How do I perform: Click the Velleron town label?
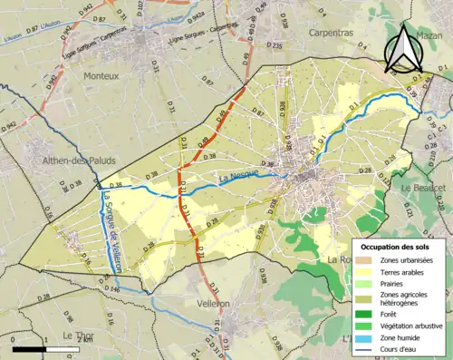pos(211,304)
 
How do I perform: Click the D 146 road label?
pos(111,287)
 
